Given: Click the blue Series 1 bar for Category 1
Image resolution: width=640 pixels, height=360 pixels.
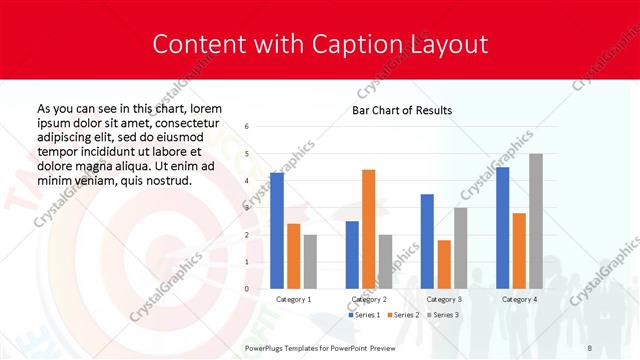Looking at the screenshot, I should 277,230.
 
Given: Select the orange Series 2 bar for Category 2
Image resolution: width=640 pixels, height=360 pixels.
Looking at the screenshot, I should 369,229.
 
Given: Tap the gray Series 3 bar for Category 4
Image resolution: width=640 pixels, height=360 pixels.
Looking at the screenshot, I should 536,221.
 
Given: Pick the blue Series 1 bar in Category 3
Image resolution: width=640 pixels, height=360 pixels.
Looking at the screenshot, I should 427,241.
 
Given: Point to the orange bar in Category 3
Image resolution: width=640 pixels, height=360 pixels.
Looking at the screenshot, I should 444,264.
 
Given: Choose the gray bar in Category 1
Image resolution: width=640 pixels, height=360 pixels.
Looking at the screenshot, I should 310,261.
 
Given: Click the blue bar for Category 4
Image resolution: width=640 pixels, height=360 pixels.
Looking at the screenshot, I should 502,227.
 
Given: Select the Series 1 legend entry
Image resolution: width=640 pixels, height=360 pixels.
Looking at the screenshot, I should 363,315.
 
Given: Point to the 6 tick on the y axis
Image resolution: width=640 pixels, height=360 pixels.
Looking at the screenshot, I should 247,127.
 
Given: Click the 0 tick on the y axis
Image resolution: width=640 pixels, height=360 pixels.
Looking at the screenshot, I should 247,289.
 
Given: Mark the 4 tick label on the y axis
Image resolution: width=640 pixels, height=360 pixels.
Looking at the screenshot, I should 247,181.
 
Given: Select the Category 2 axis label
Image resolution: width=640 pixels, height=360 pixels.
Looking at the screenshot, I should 369,299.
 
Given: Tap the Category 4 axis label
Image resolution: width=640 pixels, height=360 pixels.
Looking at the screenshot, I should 519,299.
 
